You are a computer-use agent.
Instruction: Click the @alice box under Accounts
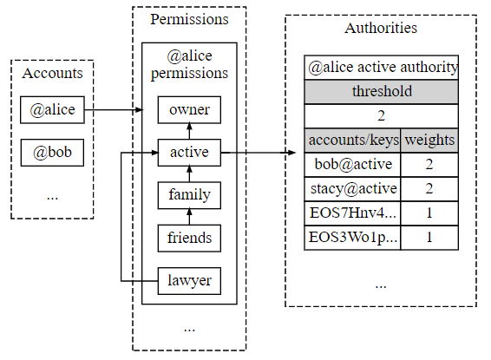(52, 110)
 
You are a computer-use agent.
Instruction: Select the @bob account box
(52, 153)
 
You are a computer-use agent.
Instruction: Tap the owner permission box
(189, 110)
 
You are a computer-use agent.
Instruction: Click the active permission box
(189, 153)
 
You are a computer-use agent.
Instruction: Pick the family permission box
(189, 195)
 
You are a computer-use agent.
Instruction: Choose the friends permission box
(189, 238)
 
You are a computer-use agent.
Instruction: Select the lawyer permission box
(189, 281)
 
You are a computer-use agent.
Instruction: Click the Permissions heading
(189, 19)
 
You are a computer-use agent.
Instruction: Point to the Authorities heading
(381, 28)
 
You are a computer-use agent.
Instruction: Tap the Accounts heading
(52, 73)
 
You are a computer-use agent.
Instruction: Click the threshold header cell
(381, 92)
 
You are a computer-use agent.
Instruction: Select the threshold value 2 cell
(381, 116)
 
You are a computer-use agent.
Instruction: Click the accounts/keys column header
(352, 141)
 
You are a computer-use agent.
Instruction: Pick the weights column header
(429, 141)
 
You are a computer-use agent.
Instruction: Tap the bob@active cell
(352, 165)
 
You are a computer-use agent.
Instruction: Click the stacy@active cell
(352, 189)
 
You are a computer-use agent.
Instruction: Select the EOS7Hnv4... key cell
(352, 213)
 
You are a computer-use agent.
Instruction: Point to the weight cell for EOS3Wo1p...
(429, 238)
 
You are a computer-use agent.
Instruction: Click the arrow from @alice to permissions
(114, 110)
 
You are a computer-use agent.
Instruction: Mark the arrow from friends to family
(189, 217)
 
